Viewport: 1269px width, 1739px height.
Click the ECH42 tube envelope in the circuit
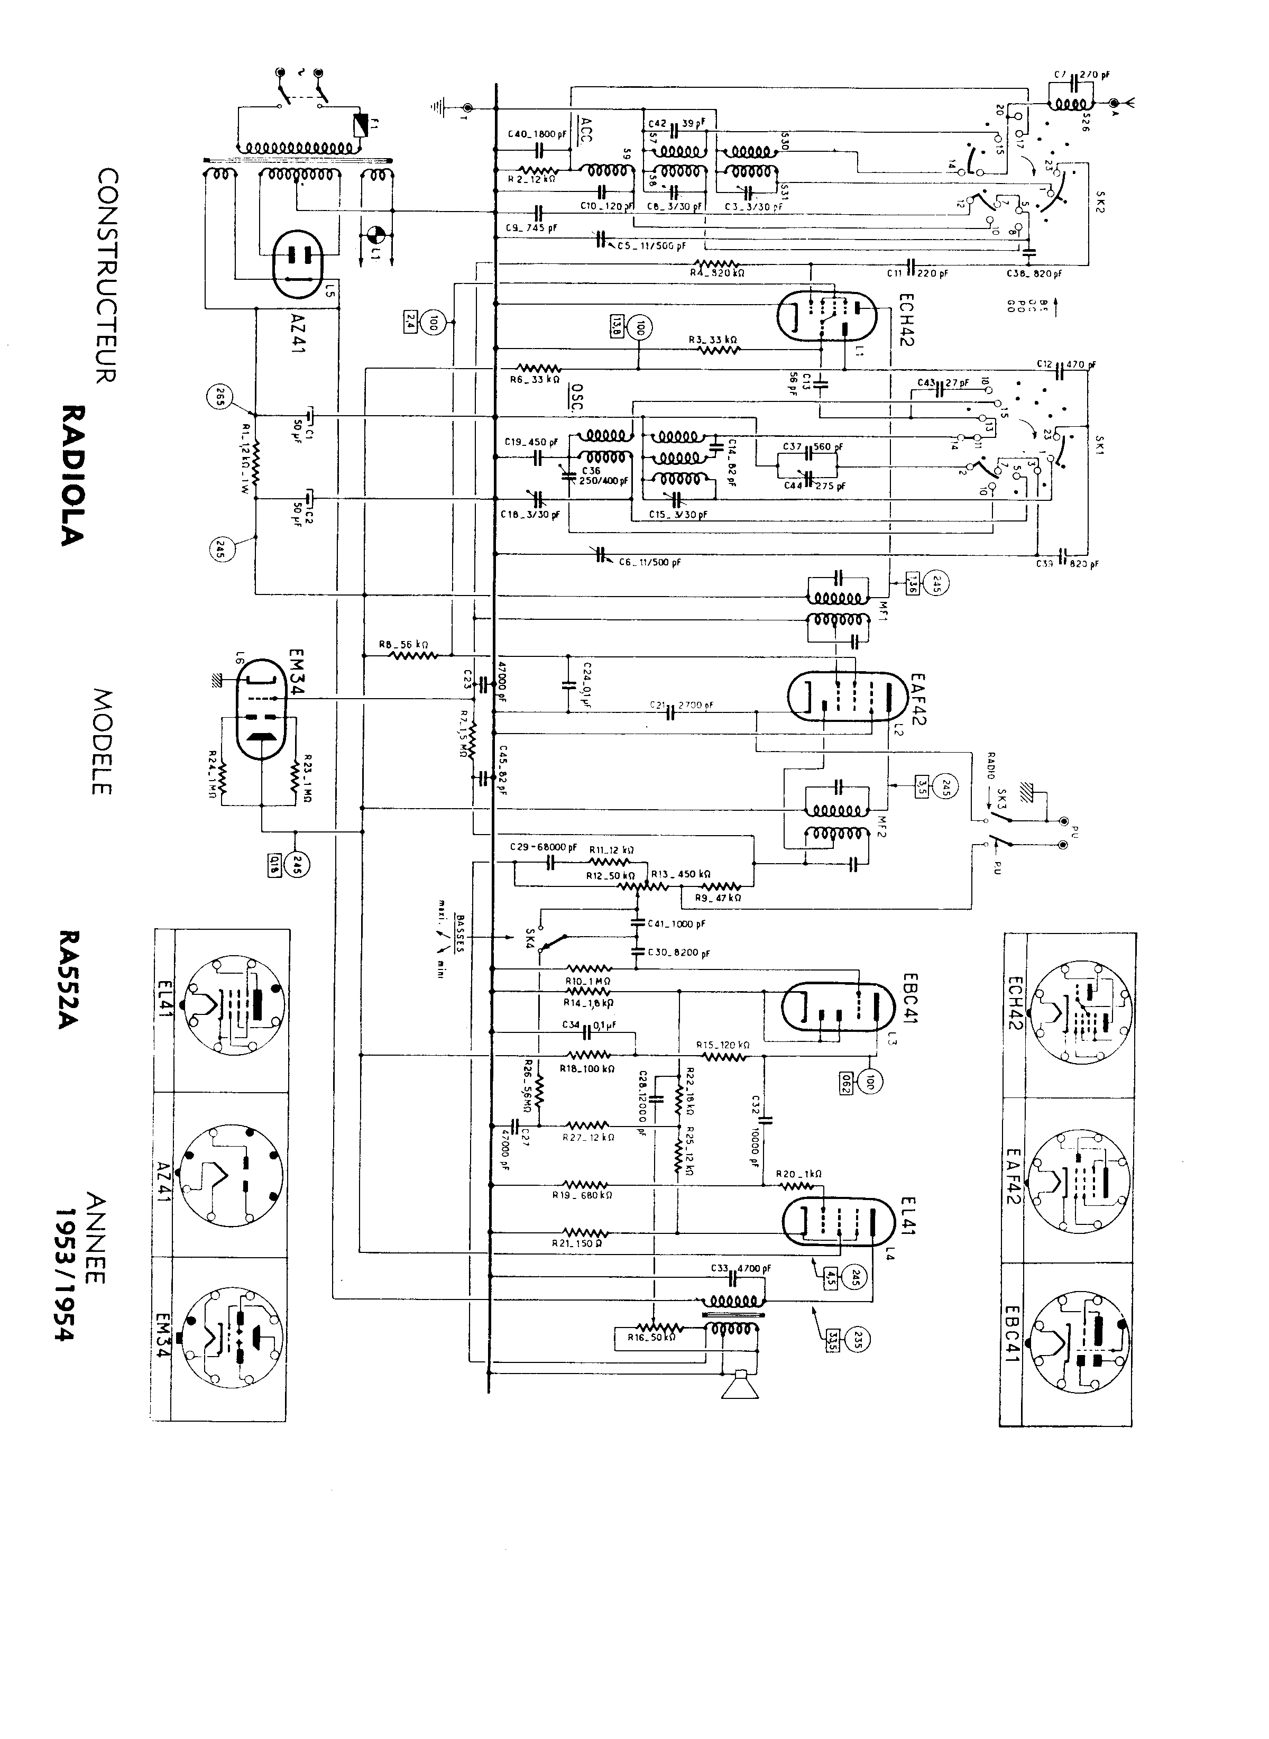tap(826, 314)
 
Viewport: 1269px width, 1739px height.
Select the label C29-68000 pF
tap(543, 847)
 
